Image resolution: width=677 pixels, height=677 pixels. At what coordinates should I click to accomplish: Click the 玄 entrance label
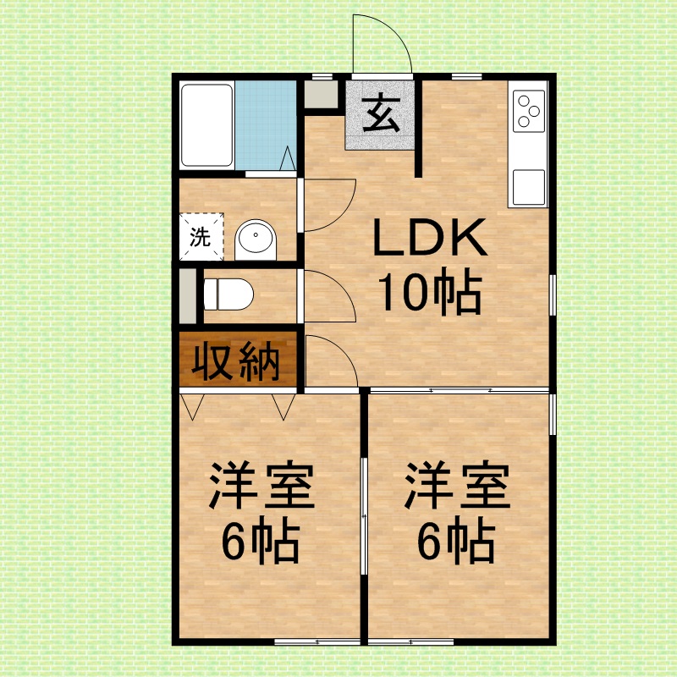tap(380, 114)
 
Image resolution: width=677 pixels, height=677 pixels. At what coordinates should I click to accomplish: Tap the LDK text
tap(430, 237)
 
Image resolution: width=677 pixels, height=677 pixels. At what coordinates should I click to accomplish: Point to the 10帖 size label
tap(430, 289)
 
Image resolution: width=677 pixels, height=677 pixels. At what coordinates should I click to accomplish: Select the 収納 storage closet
tap(238, 359)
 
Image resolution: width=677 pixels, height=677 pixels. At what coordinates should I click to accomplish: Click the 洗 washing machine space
tap(201, 237)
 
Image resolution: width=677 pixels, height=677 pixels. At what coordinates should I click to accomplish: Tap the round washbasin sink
tap(256, 240)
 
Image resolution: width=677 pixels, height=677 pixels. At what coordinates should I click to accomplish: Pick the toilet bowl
tap(228, 294)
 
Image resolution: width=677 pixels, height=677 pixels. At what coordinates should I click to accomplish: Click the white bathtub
tap(206, 125)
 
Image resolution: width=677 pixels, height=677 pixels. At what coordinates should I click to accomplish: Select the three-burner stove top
tap(528, 112)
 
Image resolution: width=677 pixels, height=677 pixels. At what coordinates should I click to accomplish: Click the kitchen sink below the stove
tap(528, 187)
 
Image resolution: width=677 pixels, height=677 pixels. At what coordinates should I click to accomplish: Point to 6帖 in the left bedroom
tap(261, 542)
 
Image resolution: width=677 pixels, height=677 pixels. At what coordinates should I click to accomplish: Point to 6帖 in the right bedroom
tap(455, 542)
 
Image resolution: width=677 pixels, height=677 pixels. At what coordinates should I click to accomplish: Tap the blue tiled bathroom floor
tap(266, 125)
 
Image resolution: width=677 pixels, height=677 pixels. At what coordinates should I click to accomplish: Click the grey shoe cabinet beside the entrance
tap(321, 94)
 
